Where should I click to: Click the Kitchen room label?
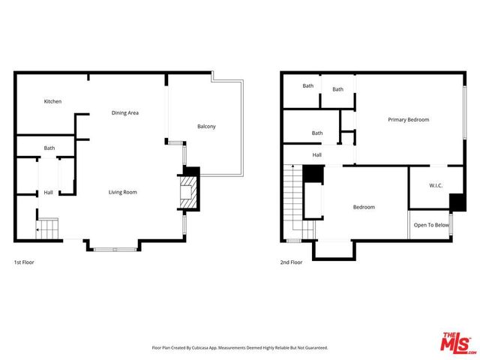pyautogui.click(x=52, y=101)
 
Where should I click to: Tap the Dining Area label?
pyautogui.click(x=125, y=112)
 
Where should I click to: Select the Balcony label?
pyautogui.click(x=206, y=126)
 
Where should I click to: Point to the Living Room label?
pyautogui.click(x=122, y=193)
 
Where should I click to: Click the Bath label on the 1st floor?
pyautogui.click(x=49, y=148)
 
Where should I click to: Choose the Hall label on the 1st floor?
pyautogui.click(x=48, y=193)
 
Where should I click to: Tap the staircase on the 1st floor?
pyautogui.click(x=49, y=228)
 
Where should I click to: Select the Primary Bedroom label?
pyautogui.click(x=408, y=119)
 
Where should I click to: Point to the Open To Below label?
pyautogui.click(x=431, y=225)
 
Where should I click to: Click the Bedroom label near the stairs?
pyautogui.click(x=364, y=207)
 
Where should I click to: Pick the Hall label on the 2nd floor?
pyautogui.click(x=317, y=155)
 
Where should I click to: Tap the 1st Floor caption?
pyautogui.click(x=24, y=262)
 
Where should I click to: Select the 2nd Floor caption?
pyautogui.click(x=291, y=262)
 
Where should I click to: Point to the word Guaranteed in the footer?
pyautogui.click(x=313, y=348)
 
